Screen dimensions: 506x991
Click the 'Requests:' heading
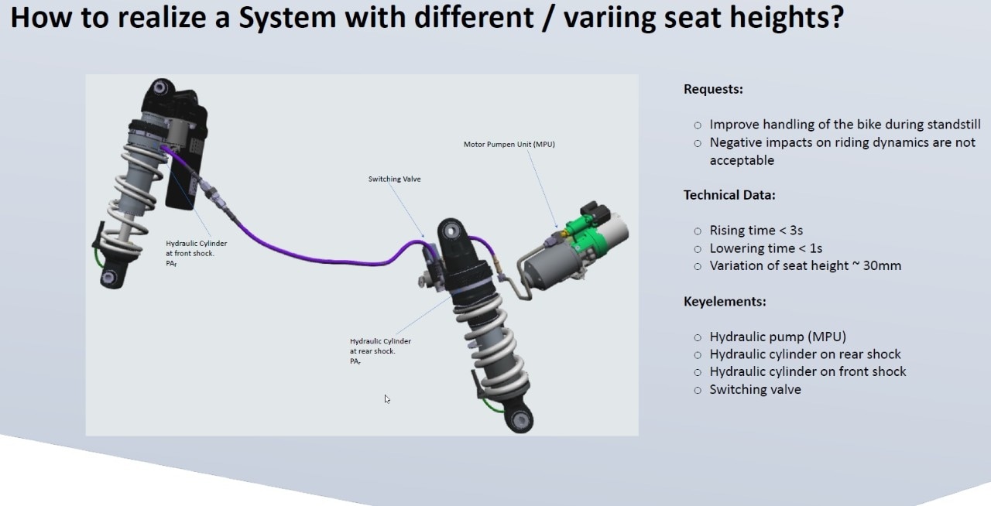click(x=713, y=89)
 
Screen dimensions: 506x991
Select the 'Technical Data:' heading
click(x=729, y=195)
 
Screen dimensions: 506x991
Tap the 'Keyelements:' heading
click(x=724, y=301)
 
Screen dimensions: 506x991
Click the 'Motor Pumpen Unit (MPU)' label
click(x=509, y=144)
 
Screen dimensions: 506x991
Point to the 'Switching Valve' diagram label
click(x=394, y=179)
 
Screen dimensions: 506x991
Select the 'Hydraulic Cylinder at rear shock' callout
click(x=380, y=346)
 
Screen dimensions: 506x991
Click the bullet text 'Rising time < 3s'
click(x=756, y=231)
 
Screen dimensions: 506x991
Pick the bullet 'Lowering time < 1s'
click(x=766, y=248)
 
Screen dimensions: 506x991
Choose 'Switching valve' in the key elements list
click(x=755, y=389)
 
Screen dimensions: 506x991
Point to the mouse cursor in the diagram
click(x=386, y=398)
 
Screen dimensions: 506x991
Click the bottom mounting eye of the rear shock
click(x=519, y=420)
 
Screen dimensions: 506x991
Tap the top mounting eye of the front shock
click(x=161, y=87)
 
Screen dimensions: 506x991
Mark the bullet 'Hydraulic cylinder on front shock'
click(x=808, y=371)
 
